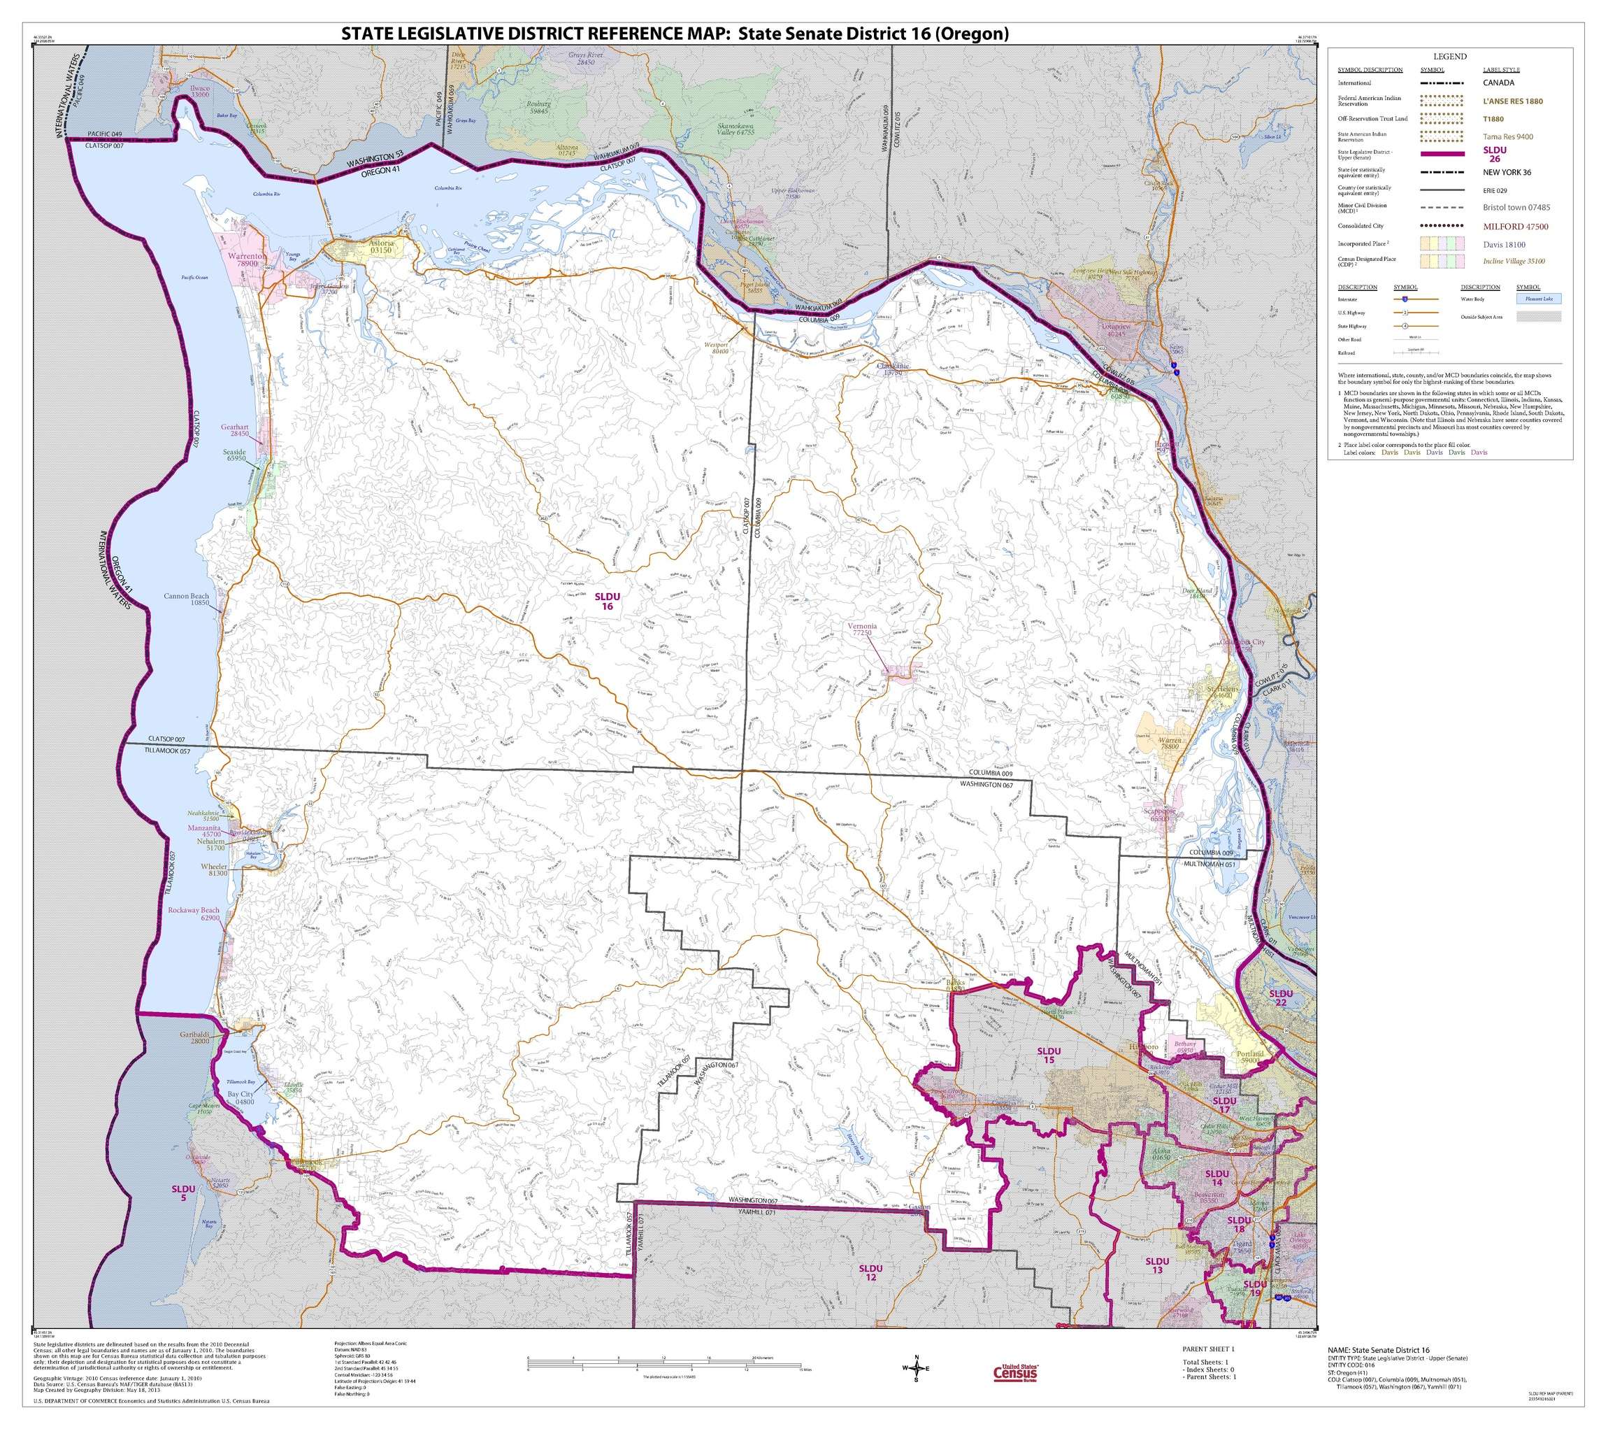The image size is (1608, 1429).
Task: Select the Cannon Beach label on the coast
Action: [187, 599]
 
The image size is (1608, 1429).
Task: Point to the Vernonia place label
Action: [862, 630]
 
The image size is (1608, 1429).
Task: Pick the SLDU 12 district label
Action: [870, 1273]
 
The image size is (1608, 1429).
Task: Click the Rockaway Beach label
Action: [194, 913]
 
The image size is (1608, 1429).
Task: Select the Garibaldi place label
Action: [194, 1037]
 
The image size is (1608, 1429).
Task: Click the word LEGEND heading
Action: [1449, 56]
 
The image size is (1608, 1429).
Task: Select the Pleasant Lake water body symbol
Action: [1539, 298]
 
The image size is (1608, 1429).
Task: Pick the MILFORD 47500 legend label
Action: [1515, 227]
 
